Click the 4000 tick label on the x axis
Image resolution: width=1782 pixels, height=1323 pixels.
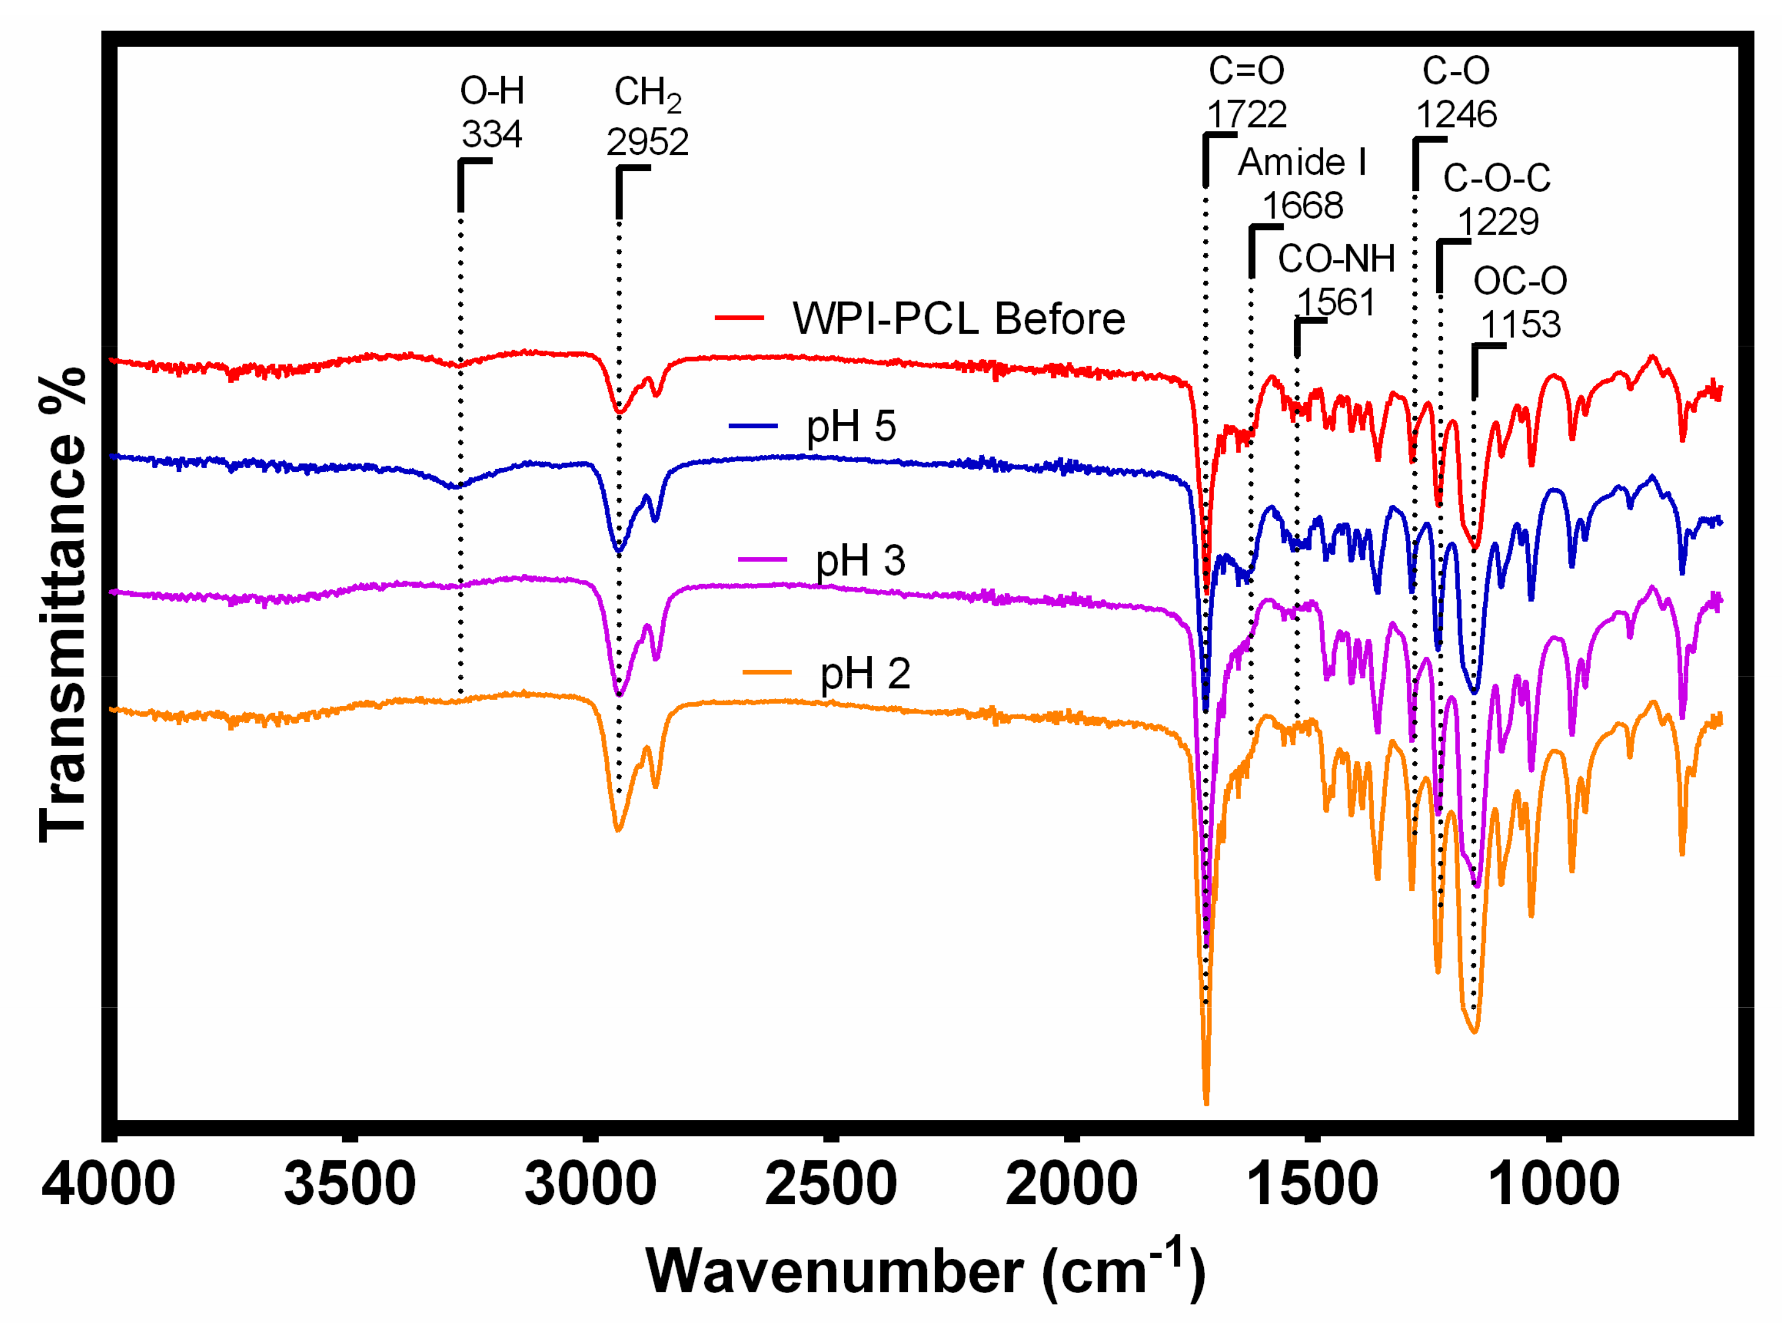[x=108, y=1186]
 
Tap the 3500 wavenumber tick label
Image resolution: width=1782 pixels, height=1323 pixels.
[x=349, y=1186]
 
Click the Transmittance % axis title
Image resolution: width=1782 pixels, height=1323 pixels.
[x=62, y=604]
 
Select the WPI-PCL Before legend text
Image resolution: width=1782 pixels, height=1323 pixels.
[x=959, y=319]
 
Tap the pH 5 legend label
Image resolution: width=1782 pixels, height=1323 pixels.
[x=851, y=426]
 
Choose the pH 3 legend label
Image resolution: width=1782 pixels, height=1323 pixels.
[x=860, y=560]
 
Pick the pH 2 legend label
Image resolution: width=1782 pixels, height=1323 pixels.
[x=865, y=674]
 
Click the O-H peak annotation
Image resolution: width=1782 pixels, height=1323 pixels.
[x=492, y=91]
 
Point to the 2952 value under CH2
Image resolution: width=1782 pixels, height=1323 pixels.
[x=647, y=142]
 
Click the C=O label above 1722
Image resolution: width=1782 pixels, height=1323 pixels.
[x=1246, y=71]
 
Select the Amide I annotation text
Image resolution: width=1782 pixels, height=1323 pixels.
[x=1302, y=163]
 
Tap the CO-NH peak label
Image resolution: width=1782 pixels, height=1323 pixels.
[x=1336, y=259]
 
